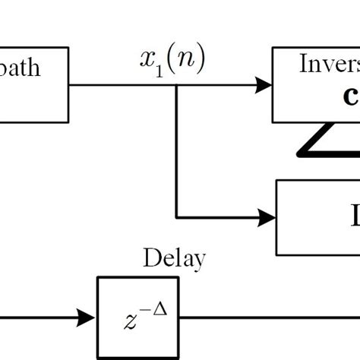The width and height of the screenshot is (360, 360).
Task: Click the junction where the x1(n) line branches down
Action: point(177,85)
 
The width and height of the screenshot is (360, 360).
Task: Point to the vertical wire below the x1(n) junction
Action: point(177,152)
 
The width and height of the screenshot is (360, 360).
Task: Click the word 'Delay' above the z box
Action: point(174,259)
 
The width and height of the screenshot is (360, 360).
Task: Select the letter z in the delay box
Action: point(131,321)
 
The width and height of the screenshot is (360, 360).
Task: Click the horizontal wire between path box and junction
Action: point(122,85)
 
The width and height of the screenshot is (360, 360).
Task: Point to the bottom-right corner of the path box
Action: point(69,122)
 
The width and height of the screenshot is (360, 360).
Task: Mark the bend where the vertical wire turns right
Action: point(177,218)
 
